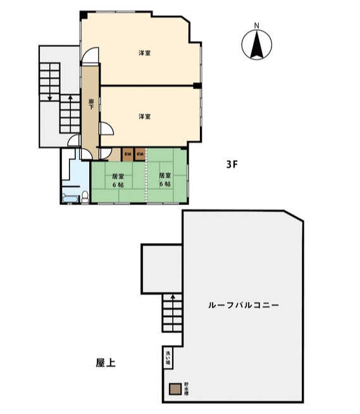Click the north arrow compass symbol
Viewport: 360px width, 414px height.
[x=257, y=45]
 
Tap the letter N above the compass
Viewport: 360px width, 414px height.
[x=257, y=26]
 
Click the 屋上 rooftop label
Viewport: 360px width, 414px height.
[x=106, y=363]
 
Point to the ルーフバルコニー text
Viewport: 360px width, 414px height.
[x=244, y=304]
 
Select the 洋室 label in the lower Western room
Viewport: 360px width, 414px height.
[x=145, y=116]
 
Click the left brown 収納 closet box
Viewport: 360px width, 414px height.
[x=128, y=154]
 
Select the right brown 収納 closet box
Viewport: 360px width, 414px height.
[x=140, y=154]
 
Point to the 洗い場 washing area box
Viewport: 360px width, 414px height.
[x=168, y=358]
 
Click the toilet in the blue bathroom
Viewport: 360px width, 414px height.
[x=84, y=195]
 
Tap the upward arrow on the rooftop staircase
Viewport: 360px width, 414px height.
[x=172, y=299]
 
